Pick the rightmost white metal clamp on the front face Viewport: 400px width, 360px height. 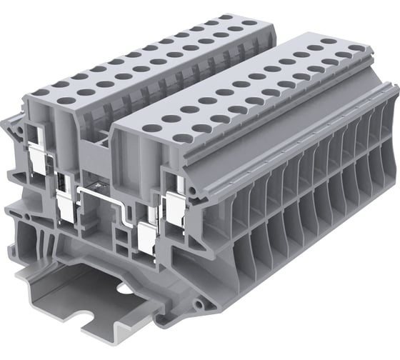point(174,205)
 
